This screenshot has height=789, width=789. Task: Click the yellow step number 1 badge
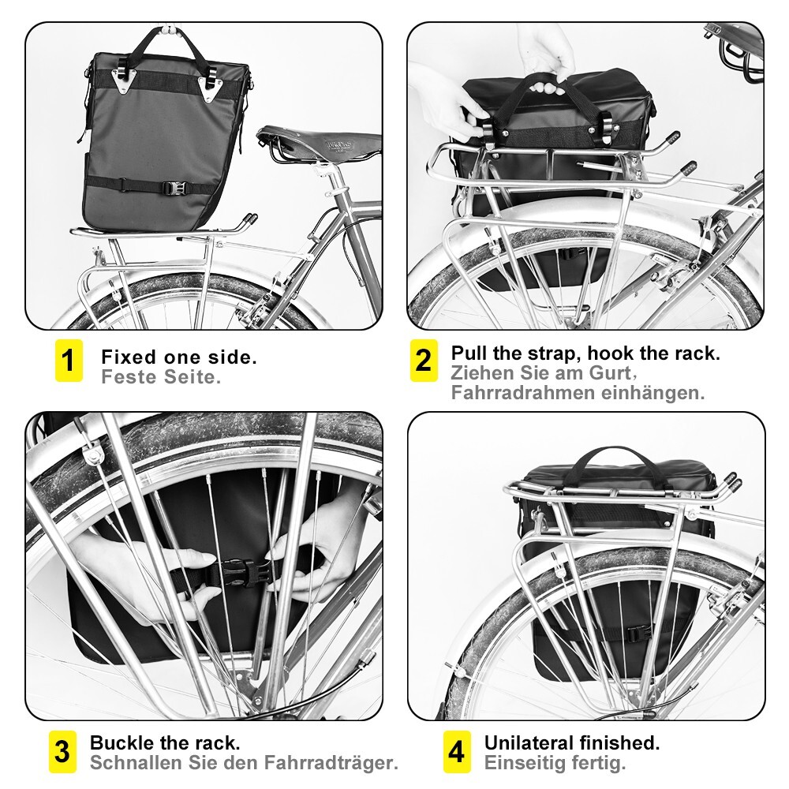click(x=69, y=361)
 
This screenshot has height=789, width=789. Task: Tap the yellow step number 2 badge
click(x=424, y=361)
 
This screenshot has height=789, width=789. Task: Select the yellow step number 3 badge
click(x=62, y=752)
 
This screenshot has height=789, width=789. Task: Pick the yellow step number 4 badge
click(x=456, y=752)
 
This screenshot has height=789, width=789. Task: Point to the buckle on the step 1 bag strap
click(x=175, y=189)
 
